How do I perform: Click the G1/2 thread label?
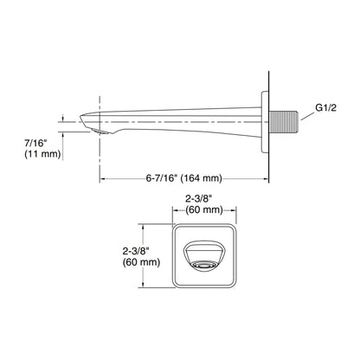tap(325, 108)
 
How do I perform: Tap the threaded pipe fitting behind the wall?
tap(283, 122)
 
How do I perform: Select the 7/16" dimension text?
tap(35, 143)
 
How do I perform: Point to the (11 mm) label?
tap(42, 154)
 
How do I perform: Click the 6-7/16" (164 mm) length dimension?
tap(184, 178)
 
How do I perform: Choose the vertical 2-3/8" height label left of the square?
tap(136, 251)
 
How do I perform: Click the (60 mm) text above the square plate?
tap(204, 209)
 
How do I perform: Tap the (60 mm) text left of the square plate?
tap(141, 262)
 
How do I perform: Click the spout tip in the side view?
tap(80, 117)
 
